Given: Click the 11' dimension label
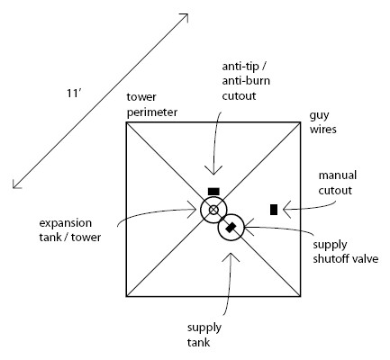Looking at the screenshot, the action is pos(74,94).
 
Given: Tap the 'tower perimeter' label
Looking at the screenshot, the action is pos(152,104).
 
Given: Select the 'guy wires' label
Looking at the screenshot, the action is pos(323,122).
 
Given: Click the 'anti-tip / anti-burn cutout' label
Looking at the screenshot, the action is pos(246,81).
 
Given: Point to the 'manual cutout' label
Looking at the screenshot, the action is pos(338,183).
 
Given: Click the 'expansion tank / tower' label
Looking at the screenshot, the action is pos(70,230).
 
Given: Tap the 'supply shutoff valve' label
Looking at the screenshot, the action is pos(346,252).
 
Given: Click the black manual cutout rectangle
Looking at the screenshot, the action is pos(274,210).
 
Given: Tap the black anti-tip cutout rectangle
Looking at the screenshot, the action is pos(213,192).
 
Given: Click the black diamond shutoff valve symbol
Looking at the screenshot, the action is pos(231,228).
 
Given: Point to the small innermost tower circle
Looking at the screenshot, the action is pos(213,210).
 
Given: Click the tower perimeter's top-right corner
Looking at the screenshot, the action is pos(300,122).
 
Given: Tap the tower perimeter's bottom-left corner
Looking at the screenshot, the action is pos(126,296).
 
